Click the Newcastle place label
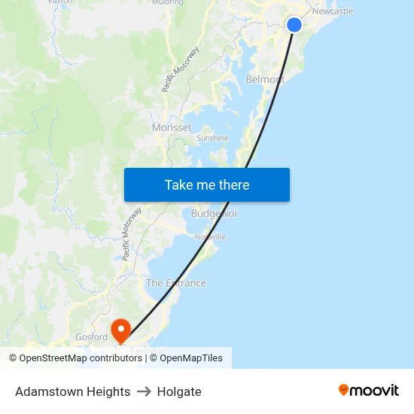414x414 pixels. point(332,11)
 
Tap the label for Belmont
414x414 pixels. point(265,79)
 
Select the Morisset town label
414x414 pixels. point(172,127)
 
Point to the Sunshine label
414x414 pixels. point(212,138)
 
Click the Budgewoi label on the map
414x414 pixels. point(214,214)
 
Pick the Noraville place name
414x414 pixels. point(210,236)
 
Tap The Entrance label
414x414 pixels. point(175,283)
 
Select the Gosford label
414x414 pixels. point(92,337)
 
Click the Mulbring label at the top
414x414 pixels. point(167,2)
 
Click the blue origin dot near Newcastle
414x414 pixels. point(294,25)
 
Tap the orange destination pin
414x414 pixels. point(120,329)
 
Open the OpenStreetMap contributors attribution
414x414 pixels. point(81,358)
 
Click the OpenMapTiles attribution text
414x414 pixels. point(191,358)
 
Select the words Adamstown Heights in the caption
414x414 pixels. point(72,391)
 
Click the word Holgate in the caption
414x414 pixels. point(179,391)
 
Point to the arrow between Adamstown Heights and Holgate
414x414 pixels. point(144,391)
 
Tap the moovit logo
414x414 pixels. point(369,390)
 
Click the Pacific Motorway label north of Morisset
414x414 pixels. point(181,69)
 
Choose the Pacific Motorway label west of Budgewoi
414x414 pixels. point(132,234)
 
